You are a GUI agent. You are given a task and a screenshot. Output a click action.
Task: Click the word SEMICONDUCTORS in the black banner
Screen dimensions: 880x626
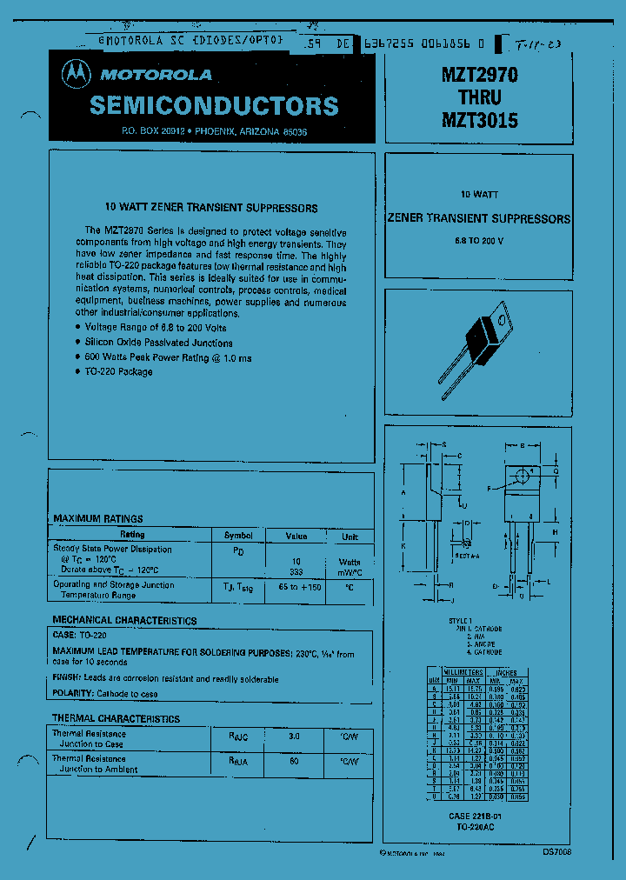pyautogui.click(x=214, y=106)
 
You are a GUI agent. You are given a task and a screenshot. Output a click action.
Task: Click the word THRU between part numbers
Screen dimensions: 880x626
pyautogui.click(x=479, y=98)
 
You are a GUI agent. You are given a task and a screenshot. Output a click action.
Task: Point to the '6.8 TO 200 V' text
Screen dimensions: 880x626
pyautogui.click(x=478, y=240)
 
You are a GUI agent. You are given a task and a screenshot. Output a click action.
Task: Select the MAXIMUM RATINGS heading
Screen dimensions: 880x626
pyautogui.click(x=98, y=518)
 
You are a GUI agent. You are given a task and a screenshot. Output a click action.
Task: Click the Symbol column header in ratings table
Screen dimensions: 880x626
pyautogui.click(x=238, y=535)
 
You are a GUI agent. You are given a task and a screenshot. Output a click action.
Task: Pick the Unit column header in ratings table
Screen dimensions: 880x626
pyautogui.click(x=350, y=536)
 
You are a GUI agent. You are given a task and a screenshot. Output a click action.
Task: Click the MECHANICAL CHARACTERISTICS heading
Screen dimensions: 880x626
pyautogui.click(x=124, y=621)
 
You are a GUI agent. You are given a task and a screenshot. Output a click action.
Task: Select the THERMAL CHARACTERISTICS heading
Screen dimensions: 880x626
pyautogui.click(x=116, y=719)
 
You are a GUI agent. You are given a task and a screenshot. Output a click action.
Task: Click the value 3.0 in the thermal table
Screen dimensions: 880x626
pyautogui.click(x=294, y=736)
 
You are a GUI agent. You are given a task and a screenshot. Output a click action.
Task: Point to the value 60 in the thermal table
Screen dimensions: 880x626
pyautogui.click(x=294, y=761)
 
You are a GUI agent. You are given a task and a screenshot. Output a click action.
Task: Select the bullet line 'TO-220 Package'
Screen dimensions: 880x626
pyautogui.click(x=118, y=372)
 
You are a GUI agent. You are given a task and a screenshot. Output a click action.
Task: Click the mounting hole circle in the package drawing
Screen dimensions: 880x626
pyautogui.click(x=522, y=475)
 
